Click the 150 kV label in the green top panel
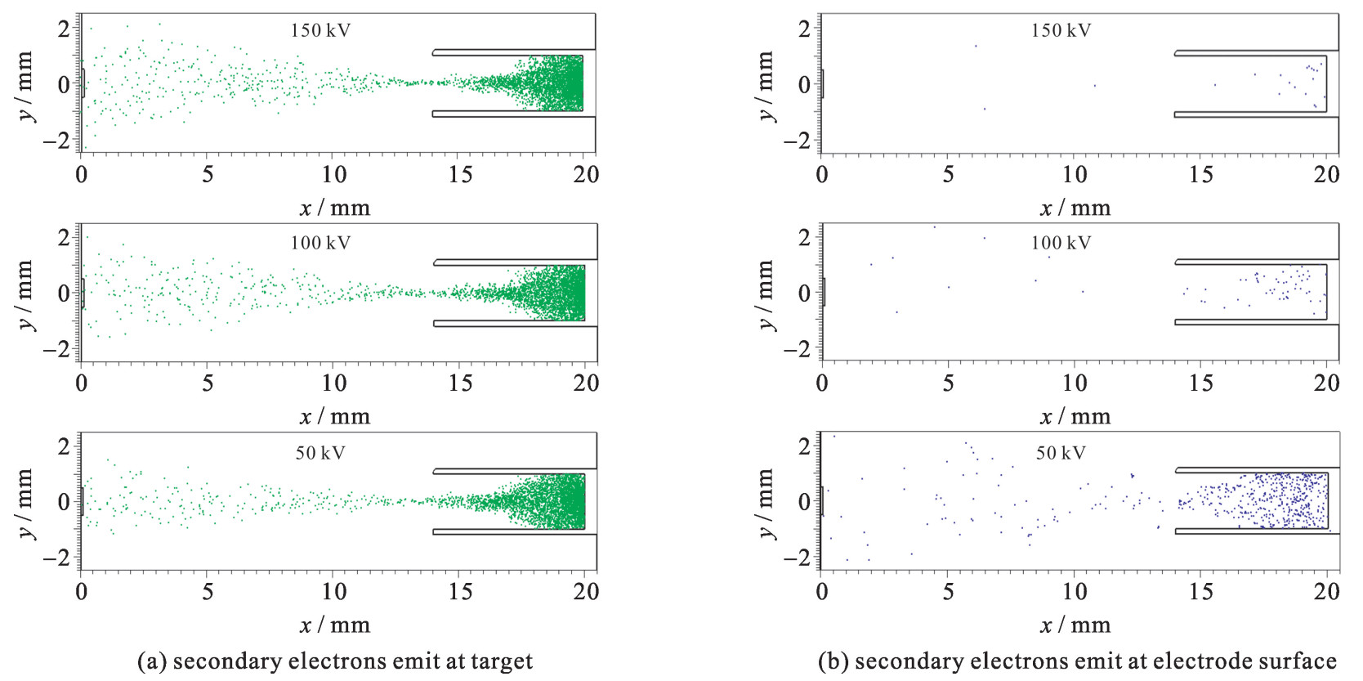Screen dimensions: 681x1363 (320, 31)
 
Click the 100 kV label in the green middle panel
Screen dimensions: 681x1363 (320, 243)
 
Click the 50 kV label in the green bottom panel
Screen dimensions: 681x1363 (320, 453)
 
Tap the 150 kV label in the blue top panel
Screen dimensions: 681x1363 (1061, 31)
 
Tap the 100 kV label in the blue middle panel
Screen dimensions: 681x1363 (1061, 243)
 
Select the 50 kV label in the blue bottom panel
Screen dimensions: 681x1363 (1061, 453)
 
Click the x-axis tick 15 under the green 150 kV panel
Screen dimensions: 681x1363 (460, 174)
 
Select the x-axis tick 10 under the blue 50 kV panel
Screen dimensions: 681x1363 (1075, 591)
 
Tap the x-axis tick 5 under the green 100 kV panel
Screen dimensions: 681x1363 (208, 383)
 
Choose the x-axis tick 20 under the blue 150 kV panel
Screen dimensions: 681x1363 (1326, 174)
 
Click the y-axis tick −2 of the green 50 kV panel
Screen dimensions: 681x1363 (58, 558)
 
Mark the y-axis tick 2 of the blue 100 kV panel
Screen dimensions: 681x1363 (804, 237)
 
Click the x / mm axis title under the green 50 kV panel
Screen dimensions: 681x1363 (335, 625)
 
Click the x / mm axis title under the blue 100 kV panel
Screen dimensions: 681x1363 (1075, 417)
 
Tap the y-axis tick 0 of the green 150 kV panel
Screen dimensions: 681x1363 (64, 84)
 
